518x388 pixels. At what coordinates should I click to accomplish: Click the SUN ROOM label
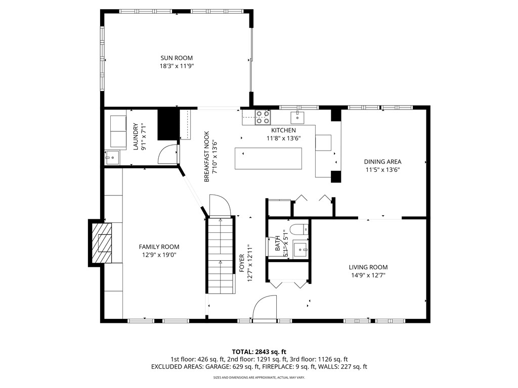point(177,58)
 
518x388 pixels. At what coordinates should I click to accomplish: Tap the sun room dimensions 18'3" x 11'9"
point(177,66)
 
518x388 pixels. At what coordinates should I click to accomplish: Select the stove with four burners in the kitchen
point(262,117)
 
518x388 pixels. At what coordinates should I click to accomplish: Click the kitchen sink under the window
point(297,118)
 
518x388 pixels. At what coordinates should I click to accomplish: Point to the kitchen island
point(268,158)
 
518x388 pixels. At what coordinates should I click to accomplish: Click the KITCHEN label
point(283,130)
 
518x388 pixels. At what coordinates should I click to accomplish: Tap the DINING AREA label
point(382,162)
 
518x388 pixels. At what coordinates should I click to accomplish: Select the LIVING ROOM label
point(368,267)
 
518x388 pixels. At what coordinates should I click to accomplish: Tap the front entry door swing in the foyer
point(264,308)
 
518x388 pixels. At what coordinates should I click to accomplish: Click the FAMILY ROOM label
point(159,247)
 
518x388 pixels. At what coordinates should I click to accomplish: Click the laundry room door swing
point(168,154)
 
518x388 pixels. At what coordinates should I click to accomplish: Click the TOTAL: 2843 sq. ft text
point(259,352)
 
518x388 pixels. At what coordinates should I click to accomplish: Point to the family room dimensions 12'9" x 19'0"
point(159,255)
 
